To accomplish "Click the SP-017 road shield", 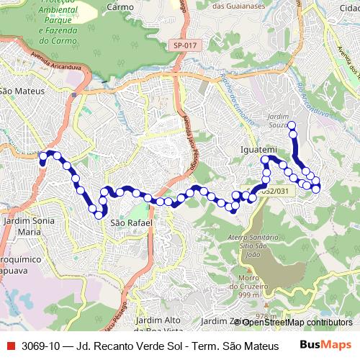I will tap(185, 45).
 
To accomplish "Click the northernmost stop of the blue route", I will tap(292, 126).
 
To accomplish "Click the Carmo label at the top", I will tap(120, 7).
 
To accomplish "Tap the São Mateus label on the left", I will tap(23, 91).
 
